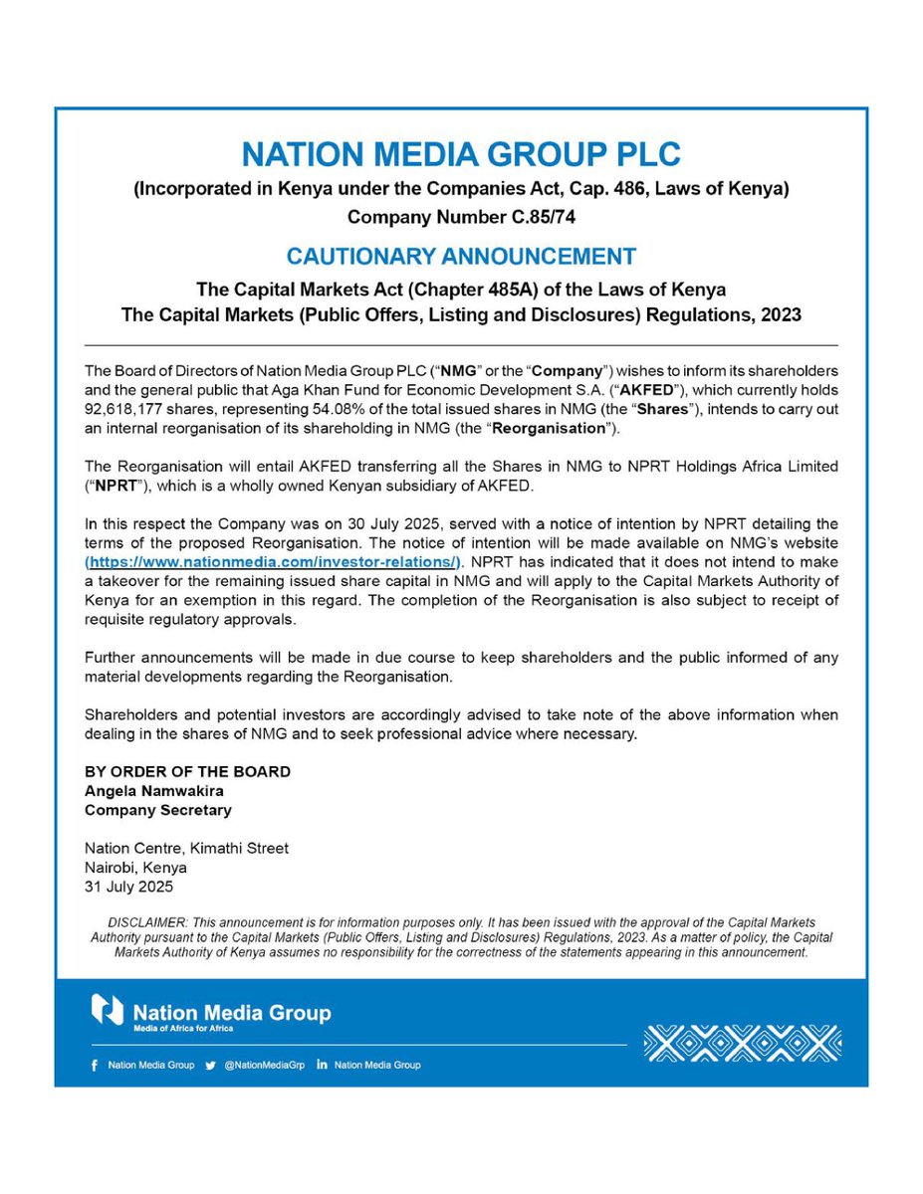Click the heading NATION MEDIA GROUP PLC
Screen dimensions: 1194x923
461,155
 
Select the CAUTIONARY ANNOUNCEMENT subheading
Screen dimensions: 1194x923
461,256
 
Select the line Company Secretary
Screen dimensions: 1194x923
158,810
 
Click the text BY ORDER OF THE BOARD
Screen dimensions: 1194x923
188,772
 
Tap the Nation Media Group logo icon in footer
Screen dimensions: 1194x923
108,1009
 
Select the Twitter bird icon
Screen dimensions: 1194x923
210,1065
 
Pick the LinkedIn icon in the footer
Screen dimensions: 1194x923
322,1065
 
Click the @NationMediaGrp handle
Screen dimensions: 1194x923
264,1065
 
